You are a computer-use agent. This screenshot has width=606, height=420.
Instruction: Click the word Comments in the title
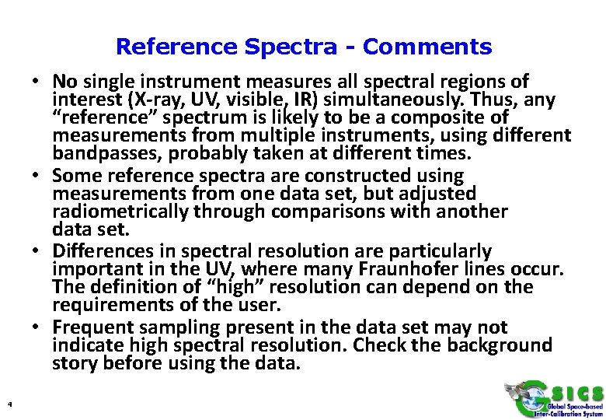click(x=427, y=47)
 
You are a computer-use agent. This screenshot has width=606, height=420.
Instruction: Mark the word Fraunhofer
click(x=433, y=269)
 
